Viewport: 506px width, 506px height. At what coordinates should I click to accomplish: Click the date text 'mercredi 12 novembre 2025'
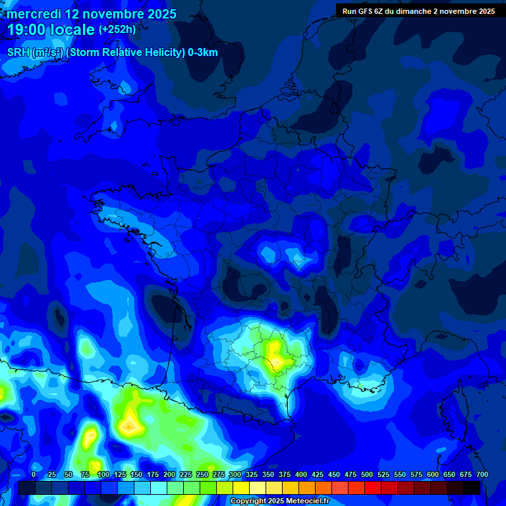pos(91,14)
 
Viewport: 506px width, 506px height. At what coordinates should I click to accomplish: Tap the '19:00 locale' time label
pos(51,30)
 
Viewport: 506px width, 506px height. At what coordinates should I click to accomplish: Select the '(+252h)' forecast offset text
pos(117,30)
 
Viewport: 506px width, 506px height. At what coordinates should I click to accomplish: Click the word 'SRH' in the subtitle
pos(18,53)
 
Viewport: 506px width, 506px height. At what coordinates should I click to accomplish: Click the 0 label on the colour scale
pos(34,475)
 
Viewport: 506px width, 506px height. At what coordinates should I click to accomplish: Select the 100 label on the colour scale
pos(103,475)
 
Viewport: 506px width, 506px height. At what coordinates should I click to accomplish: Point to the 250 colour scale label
pos(202,475)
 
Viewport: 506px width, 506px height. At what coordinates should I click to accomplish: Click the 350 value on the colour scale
pos(268,475)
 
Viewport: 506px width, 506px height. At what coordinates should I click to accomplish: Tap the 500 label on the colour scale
pos(367,475)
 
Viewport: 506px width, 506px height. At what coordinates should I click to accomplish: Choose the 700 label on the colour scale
pos(482,475)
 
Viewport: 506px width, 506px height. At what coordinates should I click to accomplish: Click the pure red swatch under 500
pos(373,488)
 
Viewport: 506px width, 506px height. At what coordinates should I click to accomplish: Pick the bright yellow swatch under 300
pos(241,488)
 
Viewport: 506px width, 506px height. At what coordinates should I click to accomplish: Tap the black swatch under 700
pos(472,488)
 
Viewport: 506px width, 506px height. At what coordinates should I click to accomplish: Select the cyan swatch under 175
pos(159,488)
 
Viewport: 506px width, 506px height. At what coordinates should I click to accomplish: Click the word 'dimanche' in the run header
pos(411,11)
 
